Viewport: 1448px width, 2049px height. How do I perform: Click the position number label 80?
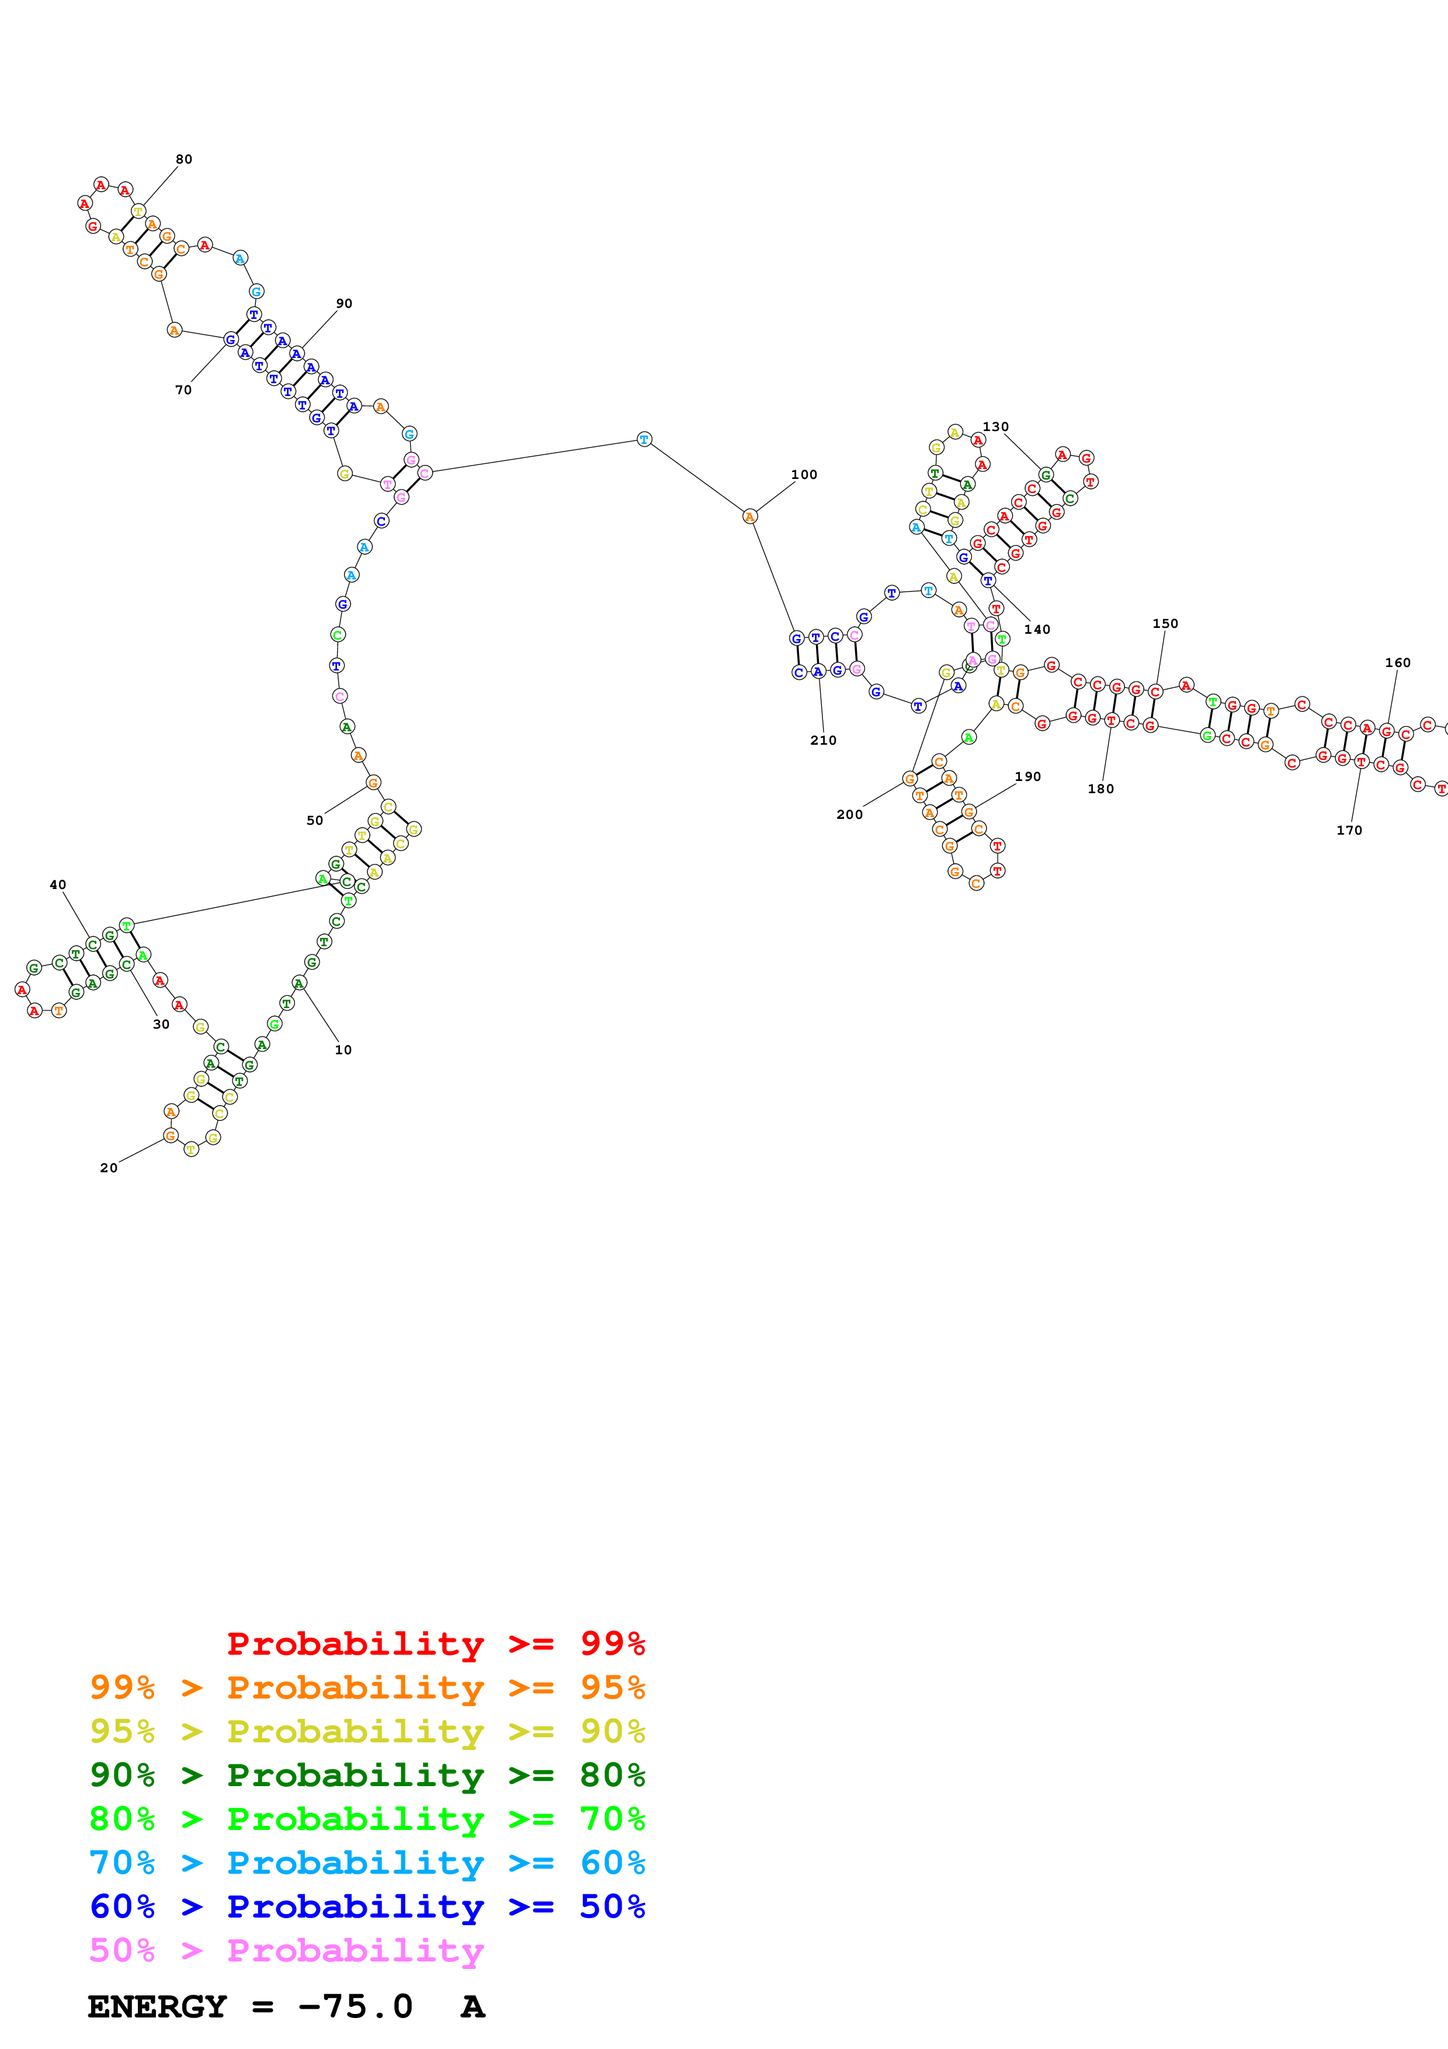click(x=184, y=159)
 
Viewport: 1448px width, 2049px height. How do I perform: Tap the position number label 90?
click(x=345, y=303)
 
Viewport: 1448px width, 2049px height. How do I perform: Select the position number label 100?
click(x=804, y=475)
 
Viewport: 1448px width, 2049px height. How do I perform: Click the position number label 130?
click(x=996, y=426)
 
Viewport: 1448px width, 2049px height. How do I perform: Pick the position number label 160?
click(x=1398, y=662)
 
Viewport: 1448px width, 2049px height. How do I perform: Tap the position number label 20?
click(x=109, y=1167)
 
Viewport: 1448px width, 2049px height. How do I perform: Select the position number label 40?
click(x=58, y=884)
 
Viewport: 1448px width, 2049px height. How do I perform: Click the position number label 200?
click(x=849, y=814)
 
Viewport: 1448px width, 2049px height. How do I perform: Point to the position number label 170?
click(x=1349, y=830)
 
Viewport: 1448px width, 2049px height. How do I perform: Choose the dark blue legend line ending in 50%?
click(x=367, y=1906)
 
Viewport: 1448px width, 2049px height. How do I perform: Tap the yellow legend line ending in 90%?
click(x=367, y=1731)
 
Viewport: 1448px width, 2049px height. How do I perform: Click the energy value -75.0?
click(x=355, y=2006)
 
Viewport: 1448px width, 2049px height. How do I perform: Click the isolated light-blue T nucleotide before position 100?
click(x=644, y=439)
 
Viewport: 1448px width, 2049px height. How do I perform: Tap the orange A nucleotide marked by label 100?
click(x=749, y=517)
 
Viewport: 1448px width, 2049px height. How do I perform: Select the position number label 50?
click(x=315, y=820)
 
